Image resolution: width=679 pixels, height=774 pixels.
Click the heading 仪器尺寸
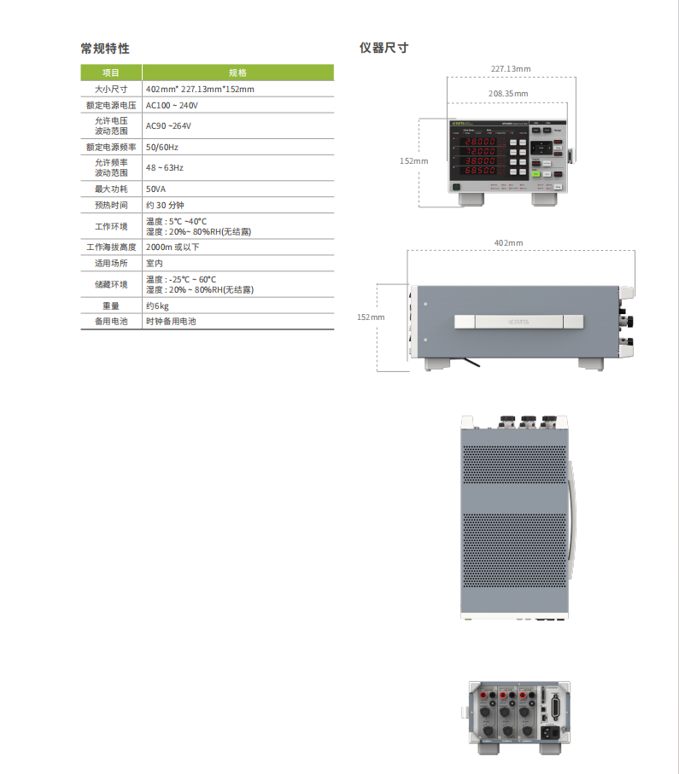(383, 48)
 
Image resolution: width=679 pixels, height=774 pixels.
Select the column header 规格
(237, 73)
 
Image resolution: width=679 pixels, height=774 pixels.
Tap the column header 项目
(111, 73)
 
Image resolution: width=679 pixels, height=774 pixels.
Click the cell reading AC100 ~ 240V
(172, 105)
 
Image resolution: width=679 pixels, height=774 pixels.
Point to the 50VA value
(155, 189)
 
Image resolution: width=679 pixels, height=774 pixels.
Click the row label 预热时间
(111, 206)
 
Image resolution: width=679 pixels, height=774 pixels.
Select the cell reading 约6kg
(157, 306)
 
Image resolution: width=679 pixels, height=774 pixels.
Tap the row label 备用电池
(111, 322)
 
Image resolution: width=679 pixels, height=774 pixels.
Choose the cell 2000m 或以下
(173, 247)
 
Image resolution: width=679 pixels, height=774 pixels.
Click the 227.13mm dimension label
(510, 68)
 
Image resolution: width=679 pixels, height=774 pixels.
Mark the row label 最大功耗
(111, 189)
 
